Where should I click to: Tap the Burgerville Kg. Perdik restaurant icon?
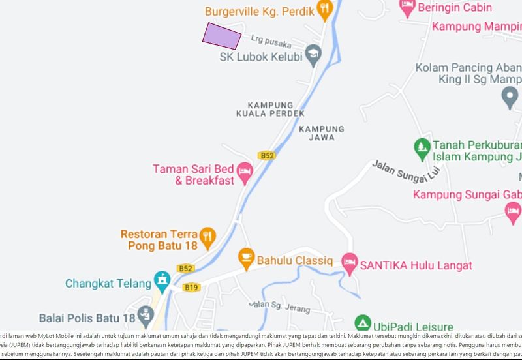tap(325, 9)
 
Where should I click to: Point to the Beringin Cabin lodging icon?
tap(407, 8)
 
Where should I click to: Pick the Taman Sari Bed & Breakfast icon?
tap(245, 173)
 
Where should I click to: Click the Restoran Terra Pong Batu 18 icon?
tap(207, 236)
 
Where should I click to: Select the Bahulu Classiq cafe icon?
tap(246, 259)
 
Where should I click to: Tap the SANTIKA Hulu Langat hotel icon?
tap(350, 263)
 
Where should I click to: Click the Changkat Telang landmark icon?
tap(161, 282)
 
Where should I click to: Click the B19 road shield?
tap(191, 287)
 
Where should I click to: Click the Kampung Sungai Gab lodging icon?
tap(513, 210)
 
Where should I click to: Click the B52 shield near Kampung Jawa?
tap(266, 155)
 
